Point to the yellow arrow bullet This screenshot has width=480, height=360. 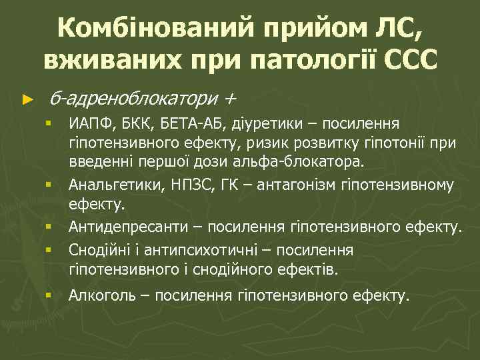[x=27, y=100]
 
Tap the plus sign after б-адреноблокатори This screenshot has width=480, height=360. [x=230, y=99]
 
